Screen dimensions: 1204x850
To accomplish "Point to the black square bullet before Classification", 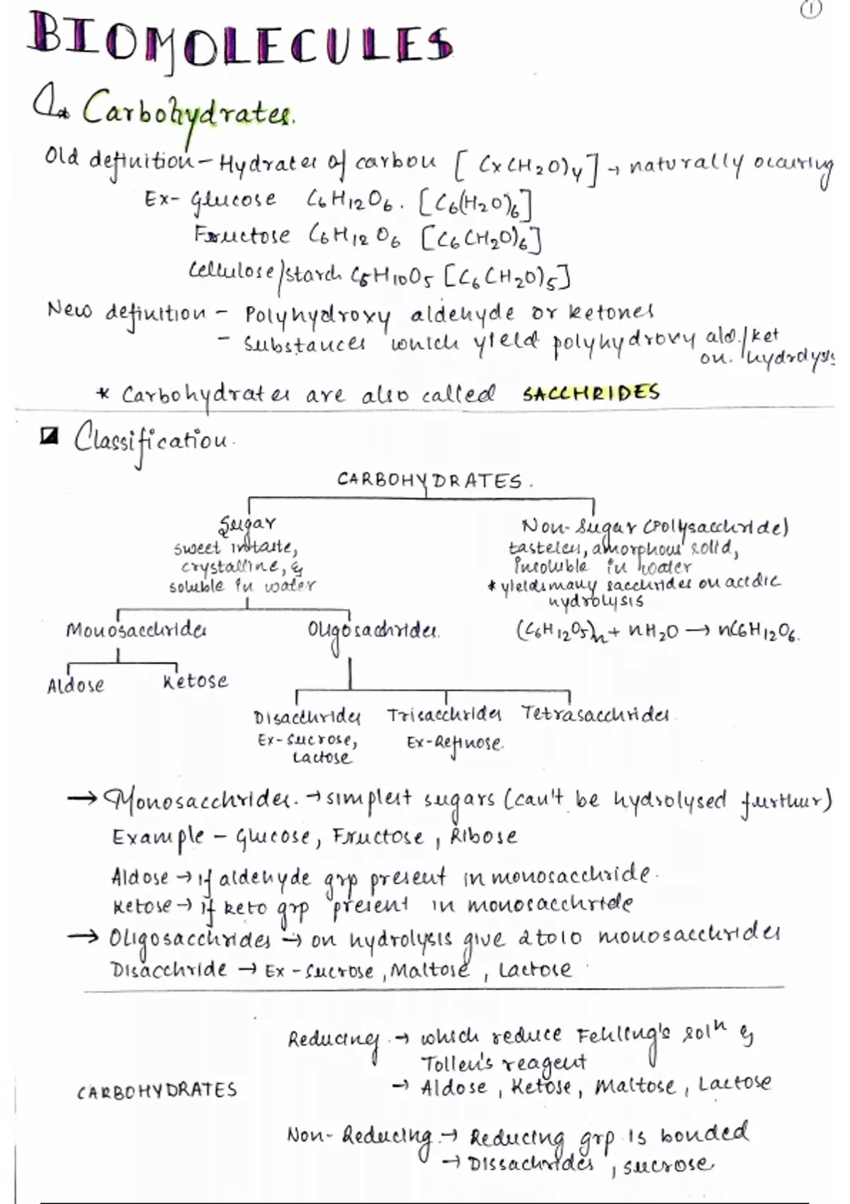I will [49, 438].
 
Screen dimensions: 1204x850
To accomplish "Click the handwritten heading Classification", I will [152, 440].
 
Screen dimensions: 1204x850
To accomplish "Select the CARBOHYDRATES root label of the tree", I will [430, 481].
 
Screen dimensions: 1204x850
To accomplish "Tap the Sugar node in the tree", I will [247, 524].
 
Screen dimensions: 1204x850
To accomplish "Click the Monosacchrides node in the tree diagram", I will [136, 630].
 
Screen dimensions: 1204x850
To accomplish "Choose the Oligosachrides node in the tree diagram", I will [373, 630].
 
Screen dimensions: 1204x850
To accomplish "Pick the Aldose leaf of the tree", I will [76, 686].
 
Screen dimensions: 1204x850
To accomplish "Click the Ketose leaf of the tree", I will [195, 681].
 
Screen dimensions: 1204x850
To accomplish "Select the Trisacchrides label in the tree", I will [444, 715].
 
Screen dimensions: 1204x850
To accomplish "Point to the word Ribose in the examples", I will [484, 836].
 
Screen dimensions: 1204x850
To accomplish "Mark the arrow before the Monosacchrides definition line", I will [82, 799].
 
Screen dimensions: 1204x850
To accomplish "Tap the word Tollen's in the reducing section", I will [457, 1063].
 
